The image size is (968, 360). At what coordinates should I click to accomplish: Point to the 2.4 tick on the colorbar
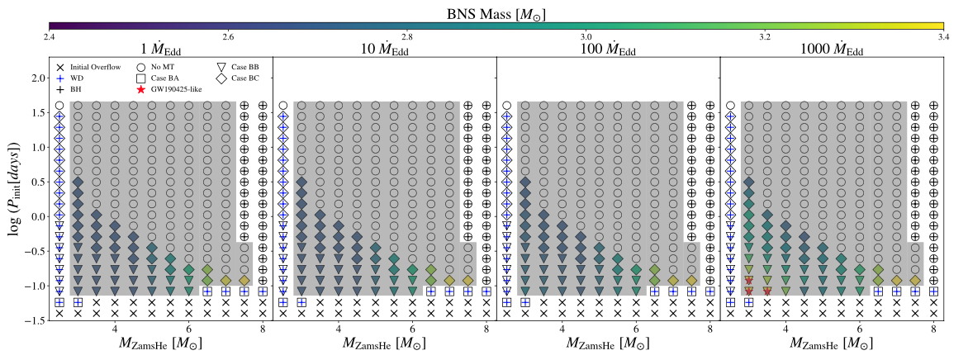50,37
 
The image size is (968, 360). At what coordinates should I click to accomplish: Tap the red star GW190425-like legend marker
142,88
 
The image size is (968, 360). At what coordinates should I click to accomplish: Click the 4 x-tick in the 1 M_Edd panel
115,329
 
